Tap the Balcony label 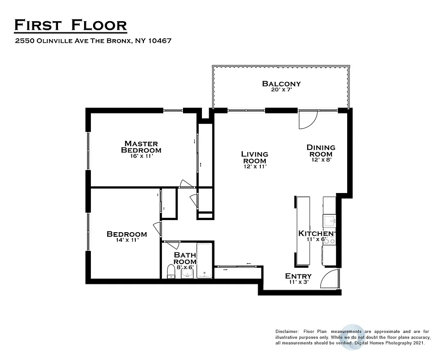pyautogui.click(x=282, y=84)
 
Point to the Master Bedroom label pyautogui.click(x=141, y=147)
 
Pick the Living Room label pyautogui.click(x=255, y=157)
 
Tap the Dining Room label pyautogui.click(x=321, y=151)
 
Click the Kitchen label pyautogui.click(x=316, y=233)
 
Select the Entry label pyautogui.click(x=298, y=276)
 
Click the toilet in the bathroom pyautogui.click(x=171, y=272)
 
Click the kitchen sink pyautogui.click(x=330, y=220)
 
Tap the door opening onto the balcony pyautogui.click(x=308, y=119)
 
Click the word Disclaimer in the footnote pyautogui.click(x=286, y=332)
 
